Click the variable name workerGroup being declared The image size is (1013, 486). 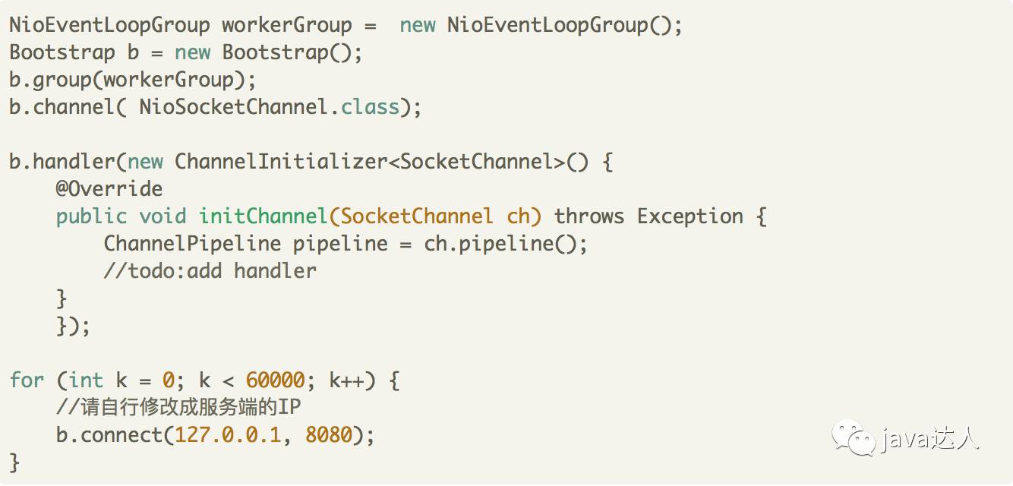tap(286, 25)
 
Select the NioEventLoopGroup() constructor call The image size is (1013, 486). tap(564, 25)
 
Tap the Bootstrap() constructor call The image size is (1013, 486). tap(292, 52)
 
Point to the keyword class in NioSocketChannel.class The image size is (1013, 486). tap(370, 107)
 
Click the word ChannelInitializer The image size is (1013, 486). tap(280, 162)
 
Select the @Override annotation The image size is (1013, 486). tap(109, 189)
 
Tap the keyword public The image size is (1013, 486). tap(91, 216)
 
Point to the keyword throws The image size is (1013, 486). tap(589, 216)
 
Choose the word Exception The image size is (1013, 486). tap(690, 216)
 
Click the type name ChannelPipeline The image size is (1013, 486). tap(192, 244)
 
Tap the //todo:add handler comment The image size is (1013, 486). tap(210, 271)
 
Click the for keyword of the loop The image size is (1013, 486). tap(27, 380)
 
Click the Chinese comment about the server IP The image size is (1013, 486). tap(178, 408)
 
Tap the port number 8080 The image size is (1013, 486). tap(329, 435)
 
